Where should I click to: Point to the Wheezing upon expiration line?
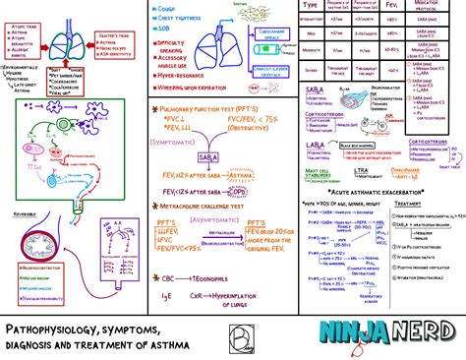click(x=198, y=86)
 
